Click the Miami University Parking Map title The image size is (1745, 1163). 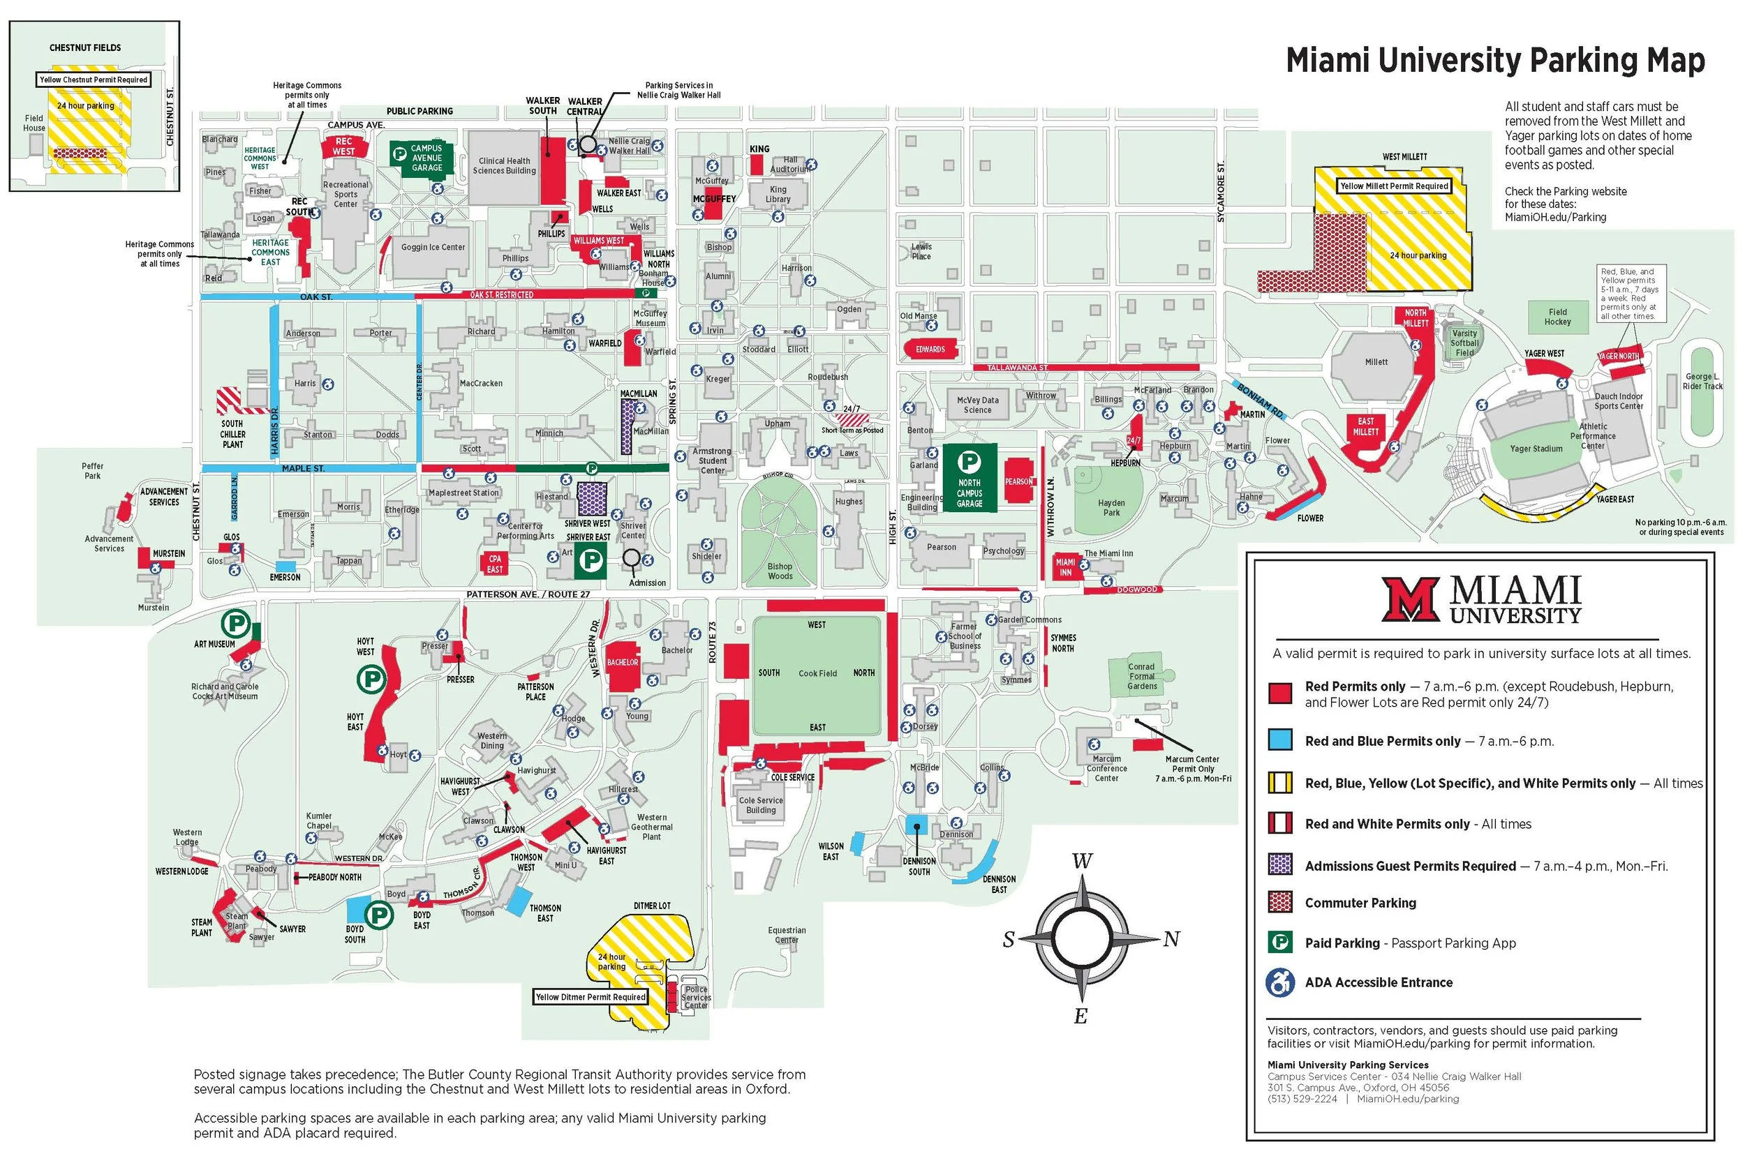[x=1495, y=60]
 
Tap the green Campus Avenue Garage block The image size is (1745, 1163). [x=421, y=157]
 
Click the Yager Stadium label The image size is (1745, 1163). [x=1536, y=449]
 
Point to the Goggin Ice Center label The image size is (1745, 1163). [x=433, y=248]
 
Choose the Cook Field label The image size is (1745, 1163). [x=817, y=673]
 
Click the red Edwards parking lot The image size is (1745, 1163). [x=930, y=350]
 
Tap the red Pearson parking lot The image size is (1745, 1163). [x=1018, y=482]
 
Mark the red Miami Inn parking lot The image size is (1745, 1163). [x=1064, y=567]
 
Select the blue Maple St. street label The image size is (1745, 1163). [x=303, y=469]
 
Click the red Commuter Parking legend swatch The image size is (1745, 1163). [x=1280, y=903]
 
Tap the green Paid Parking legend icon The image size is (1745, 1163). [x=1280, y=943]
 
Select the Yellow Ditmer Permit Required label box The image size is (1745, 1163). [x=591, y=997]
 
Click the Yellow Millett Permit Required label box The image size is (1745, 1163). [x=1394, y=186]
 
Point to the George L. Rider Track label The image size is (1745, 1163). [x=1702, y=381]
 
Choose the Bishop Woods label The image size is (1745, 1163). [x=780, y=571]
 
